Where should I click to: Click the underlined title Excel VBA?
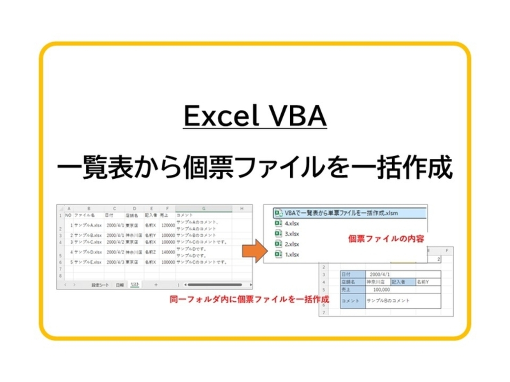click(255, 116)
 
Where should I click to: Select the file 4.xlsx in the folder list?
click(291, 223)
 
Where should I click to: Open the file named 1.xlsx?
click(291, 255)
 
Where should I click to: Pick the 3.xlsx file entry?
click(291, 234)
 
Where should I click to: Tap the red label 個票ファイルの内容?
click(386, 239)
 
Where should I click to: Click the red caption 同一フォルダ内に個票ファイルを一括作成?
click(249, 300)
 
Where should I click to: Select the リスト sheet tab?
click(135, 285)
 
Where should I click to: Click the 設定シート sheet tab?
click(100, 285)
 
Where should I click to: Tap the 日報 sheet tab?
click(120, 285)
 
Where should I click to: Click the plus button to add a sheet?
click(156, 285)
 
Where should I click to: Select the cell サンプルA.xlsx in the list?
click(88, 225)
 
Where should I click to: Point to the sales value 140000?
click(168, 252)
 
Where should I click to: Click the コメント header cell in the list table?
click(184, 215)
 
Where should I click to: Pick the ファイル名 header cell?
click(84, 215)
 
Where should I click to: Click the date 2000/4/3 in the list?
click(115, 262)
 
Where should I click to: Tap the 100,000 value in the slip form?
click(381, 290)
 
